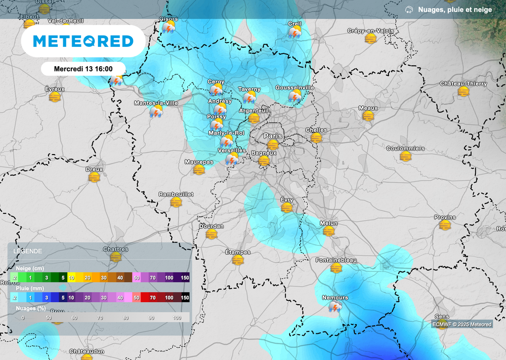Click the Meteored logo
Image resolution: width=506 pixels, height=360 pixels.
tap(83, 41)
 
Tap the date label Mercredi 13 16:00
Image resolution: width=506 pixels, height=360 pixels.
tap(83, 69)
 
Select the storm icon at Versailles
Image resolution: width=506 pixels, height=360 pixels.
tap(232, 159)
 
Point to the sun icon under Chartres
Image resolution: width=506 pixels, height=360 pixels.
tap(116, 257)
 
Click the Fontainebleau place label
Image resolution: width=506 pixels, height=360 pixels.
tap(336, 260)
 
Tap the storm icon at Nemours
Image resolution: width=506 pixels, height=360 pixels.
tap(335, 307)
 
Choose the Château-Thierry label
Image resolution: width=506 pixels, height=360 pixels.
tap(463, 83)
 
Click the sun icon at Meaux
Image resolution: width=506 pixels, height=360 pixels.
tap(368, 116)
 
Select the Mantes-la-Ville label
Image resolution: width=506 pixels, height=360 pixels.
tap(156, 103)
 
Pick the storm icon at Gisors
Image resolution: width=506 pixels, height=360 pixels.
tap(169, 27)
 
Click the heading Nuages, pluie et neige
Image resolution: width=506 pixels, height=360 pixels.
tap(455, 9)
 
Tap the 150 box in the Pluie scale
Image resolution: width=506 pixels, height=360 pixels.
tap(185, 298)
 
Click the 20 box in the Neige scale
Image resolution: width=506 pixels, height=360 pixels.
tap(87, 278)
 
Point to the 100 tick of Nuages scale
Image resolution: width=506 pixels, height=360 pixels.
tap(177, 318)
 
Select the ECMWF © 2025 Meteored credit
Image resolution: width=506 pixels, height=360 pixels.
tap(462, 324)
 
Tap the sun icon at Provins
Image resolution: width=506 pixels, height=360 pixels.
tap(445, 225)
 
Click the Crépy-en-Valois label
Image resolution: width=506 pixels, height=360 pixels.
tap(371, 31)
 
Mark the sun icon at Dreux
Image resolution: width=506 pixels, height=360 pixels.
tap(94, 177)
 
